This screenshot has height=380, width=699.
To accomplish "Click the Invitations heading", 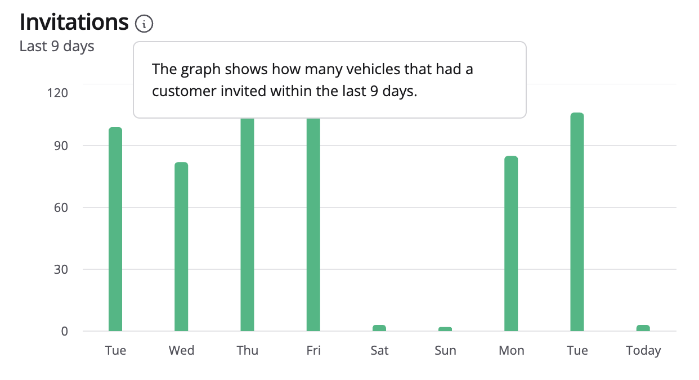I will (x=74, y=22).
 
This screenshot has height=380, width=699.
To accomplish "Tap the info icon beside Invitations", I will (x=144, y=24).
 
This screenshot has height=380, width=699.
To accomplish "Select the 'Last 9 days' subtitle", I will (x=57, y=46).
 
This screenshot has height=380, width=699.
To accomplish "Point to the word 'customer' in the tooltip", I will (x=182, y=91).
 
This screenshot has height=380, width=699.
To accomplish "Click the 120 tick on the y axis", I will (x=57, y=92).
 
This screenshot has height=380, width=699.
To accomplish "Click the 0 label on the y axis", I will (x=64, y=331).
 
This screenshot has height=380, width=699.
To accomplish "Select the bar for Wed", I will (x=181, y=247).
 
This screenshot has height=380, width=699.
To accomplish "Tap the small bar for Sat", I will (x=379, y=328).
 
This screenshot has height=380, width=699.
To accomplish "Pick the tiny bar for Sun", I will (x=445, y=329).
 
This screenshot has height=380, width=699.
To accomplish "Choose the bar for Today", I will (x=643, y=328).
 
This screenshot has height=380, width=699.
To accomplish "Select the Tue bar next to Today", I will (x=577, y=222).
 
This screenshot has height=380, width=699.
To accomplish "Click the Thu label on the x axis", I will (x=248, y=351).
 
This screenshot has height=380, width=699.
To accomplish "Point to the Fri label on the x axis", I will (x=313, y=351).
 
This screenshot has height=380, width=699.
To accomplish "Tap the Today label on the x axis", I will (x=643, y=351).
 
